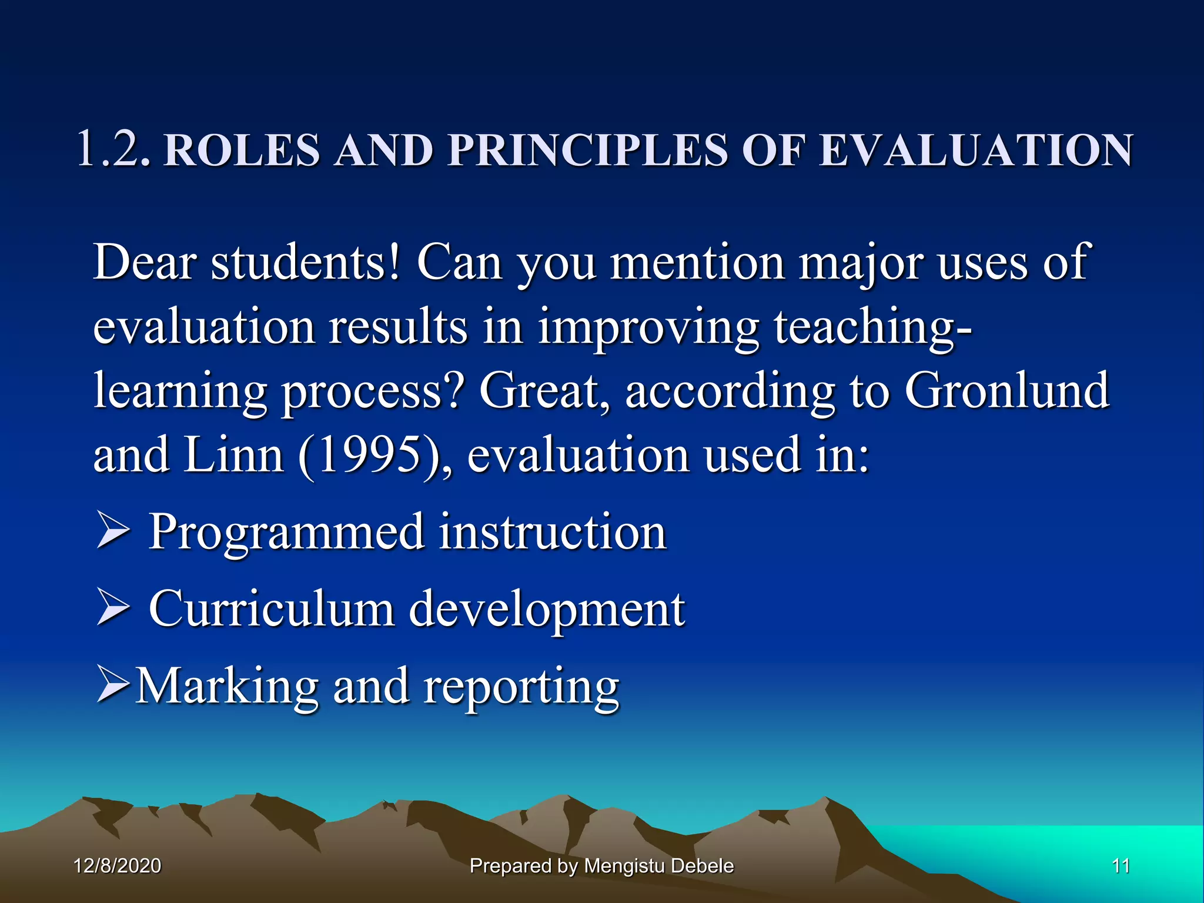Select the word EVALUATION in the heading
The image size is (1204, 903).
click(x=976, y=150)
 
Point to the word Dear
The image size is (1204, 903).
click(x=144, y=262)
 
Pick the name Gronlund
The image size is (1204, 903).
click(x=1006, y=391)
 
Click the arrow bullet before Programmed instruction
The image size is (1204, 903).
click(x=112, y=531)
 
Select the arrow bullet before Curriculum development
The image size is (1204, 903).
click(x=112, y=608)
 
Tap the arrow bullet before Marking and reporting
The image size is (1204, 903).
click(x=112, y=685)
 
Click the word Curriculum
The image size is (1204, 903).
click(x=271, y=609)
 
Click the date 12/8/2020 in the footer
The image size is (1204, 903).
click(x=118, y=866)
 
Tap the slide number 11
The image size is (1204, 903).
click(x=1121, y=866)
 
